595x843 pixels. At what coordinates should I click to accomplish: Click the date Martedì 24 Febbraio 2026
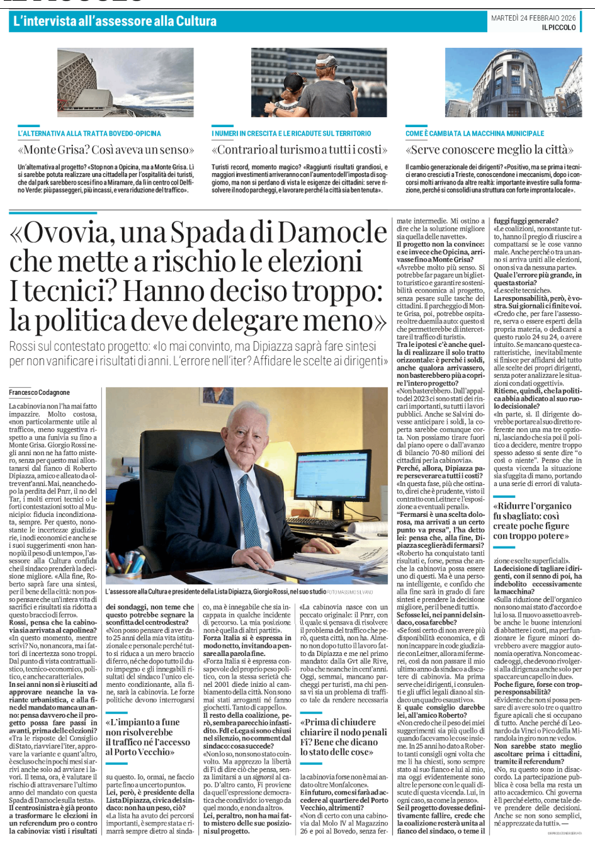(x=533, y=18)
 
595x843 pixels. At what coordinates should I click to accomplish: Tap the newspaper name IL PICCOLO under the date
(x=558, y=28)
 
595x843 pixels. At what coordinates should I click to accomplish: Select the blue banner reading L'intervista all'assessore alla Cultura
(x=115, y=21)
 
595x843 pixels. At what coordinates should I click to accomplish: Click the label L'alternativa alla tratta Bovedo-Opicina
(x=89, y=133)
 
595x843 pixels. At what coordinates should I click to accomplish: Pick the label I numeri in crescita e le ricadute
(x=292, y=133)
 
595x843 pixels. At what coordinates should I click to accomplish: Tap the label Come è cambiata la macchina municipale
(x=475, y=133)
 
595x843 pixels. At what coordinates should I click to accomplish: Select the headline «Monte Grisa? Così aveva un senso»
(x=106, y=150)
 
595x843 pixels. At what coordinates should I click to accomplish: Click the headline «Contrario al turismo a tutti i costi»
(x=300, y=150)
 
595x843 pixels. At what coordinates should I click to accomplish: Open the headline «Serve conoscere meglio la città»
(x=490, y=150)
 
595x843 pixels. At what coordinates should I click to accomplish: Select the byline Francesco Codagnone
(x=40, y=392)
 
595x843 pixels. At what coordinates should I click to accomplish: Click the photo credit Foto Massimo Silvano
(x=350, y=592)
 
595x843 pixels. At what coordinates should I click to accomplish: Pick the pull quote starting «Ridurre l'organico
(x=531, y=521)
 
